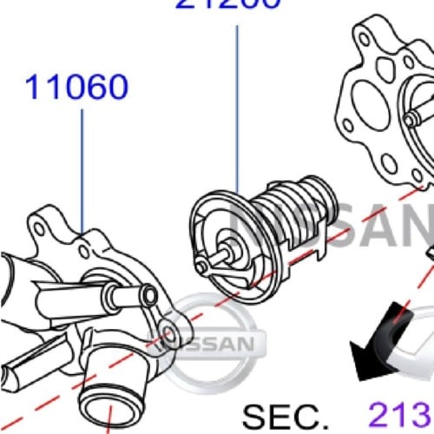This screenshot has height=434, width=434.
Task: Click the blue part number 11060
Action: (76, 87)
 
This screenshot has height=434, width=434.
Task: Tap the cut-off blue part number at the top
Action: (229, 4)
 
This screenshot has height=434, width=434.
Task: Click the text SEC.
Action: (286, 415)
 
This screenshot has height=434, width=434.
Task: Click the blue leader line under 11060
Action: (82, 165)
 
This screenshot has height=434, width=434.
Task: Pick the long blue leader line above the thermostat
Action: (237, 104)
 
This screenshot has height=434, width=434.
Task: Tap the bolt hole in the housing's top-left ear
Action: (38, 227)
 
